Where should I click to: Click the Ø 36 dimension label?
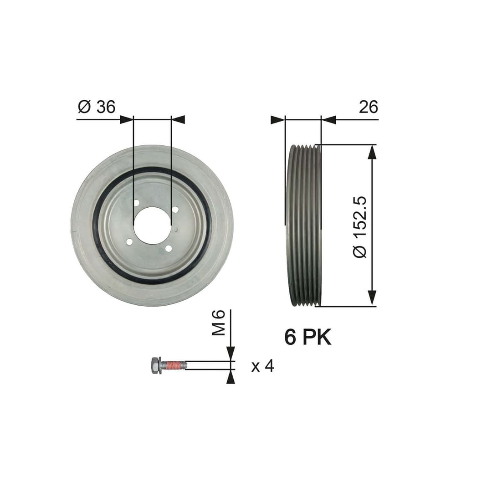97,107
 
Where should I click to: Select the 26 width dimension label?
368,107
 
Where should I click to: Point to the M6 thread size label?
219,322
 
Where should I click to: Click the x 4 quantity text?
263,366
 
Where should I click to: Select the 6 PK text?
308,338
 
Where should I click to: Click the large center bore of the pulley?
152,225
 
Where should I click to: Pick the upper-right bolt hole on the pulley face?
175,209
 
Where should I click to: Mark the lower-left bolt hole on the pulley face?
129,241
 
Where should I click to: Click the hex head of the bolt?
155,365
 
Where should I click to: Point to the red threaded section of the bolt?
174,365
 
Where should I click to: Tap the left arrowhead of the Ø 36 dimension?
126,119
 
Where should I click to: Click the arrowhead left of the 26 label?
329,120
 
